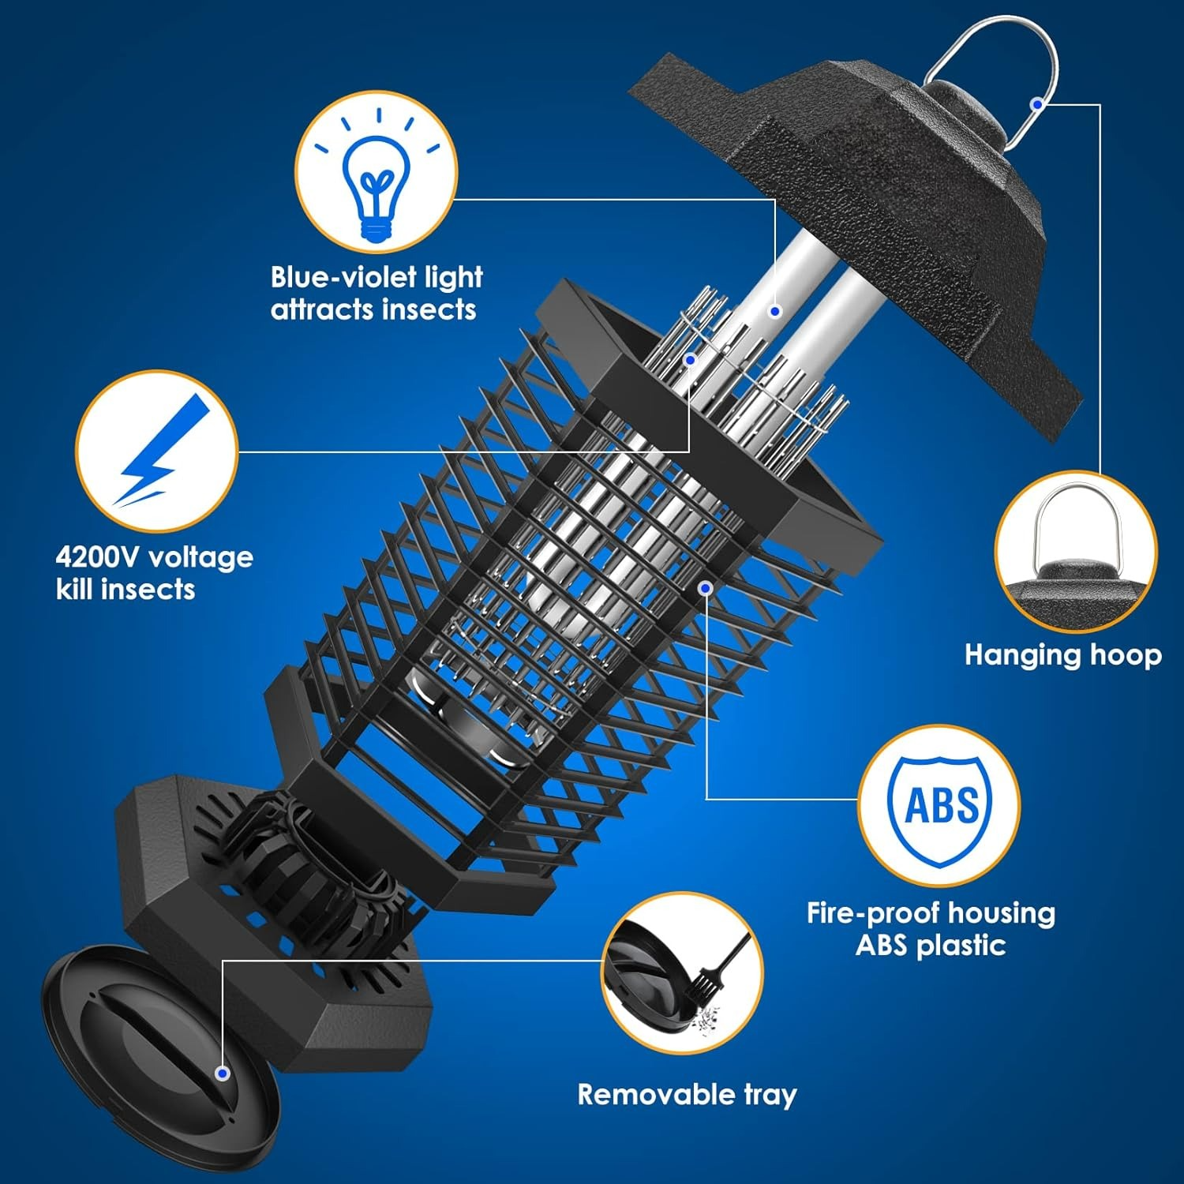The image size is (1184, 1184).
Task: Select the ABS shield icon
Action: (939, 806)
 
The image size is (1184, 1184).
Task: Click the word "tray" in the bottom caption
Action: (770, 1096)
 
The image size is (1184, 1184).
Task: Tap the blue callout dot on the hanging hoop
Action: (1037, 103)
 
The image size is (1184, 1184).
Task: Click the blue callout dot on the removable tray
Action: (223, 1073)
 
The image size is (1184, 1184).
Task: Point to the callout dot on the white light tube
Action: (775, 311)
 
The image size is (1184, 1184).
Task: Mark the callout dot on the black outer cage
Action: (706, 587)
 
